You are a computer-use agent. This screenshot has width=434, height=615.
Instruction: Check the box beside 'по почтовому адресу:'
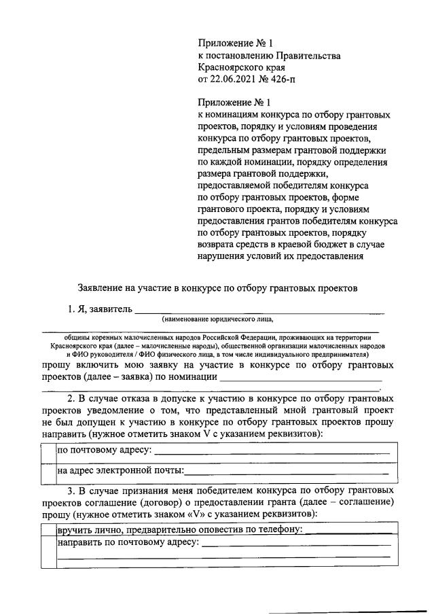[x=48, y=451]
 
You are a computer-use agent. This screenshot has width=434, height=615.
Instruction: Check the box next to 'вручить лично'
[x=48, y=529]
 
